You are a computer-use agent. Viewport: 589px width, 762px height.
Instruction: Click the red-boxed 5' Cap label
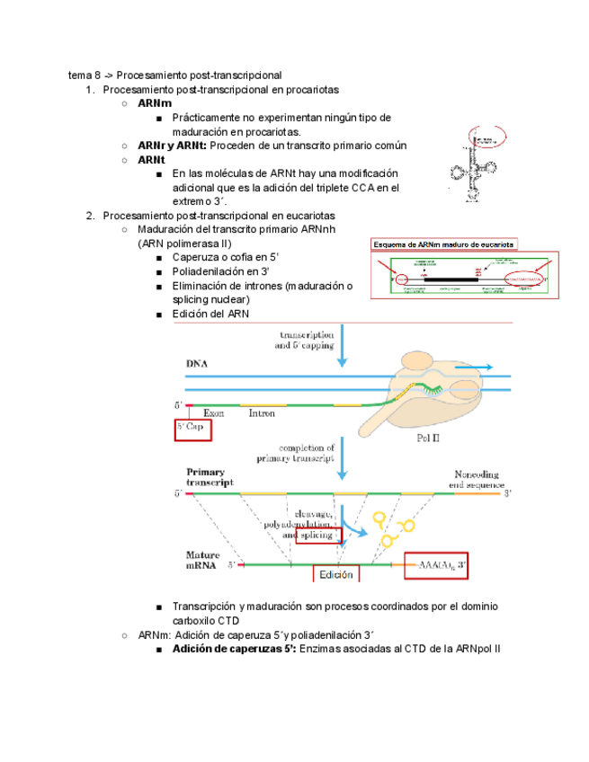click(x=192, y=430)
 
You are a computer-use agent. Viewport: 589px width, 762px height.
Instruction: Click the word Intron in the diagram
click(x=262, y=414)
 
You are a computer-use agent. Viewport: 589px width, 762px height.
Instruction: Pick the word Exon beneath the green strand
click(x=213, y=414)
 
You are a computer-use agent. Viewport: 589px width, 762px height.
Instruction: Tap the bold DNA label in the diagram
click(x=197, y=364)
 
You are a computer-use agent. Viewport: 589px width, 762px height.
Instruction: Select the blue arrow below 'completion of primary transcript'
click(x=342, y=465)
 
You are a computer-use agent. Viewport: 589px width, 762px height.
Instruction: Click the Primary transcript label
click(x=210, y=476)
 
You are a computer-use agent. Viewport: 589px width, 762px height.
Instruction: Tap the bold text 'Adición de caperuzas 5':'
click(x=234, y=649)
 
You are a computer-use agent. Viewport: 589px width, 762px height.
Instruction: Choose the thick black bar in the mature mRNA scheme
click(x=451, y=279)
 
